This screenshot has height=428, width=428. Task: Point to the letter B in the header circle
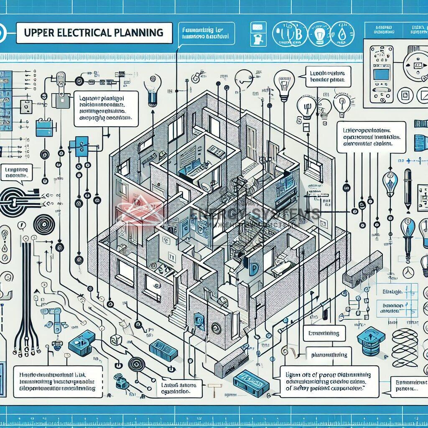tap(289, 33)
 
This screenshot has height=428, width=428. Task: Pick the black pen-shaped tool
tap(408, 184)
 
